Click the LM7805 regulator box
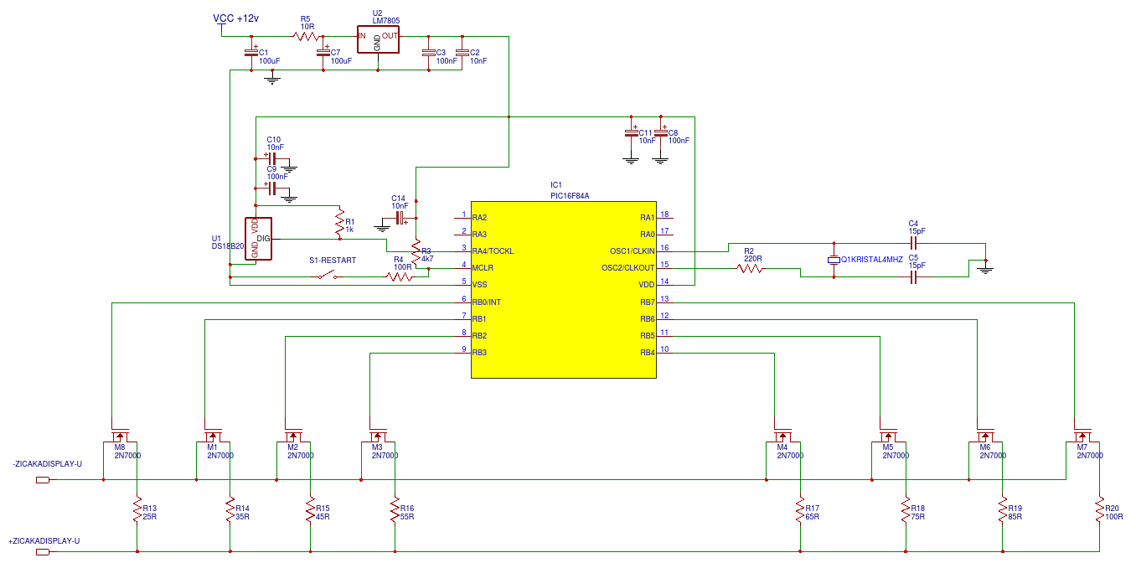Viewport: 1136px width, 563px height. [378, 39]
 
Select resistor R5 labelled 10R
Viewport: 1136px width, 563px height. [306, 37]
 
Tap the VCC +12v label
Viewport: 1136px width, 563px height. [235, 18]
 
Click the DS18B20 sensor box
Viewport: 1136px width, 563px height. [258, 239]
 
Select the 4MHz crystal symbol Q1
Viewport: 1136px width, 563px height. [834, 261]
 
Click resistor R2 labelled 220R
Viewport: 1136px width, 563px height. [750, 269]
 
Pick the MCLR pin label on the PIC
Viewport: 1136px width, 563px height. [483, 268]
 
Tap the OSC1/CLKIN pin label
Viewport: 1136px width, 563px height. [632, 251]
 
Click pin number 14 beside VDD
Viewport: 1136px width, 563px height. [664, 281]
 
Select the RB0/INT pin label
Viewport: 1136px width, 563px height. [487, 302]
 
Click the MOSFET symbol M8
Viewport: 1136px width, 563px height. [120, 435]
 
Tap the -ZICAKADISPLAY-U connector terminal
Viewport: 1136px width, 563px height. [43, 480]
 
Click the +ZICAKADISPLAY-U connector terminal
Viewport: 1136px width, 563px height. [43, 552]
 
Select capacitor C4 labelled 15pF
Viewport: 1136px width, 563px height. [913, 244]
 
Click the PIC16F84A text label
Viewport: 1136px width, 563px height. [570, 196]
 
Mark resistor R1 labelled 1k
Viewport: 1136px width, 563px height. [340, 222]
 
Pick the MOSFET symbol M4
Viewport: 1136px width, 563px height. [782, 435]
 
